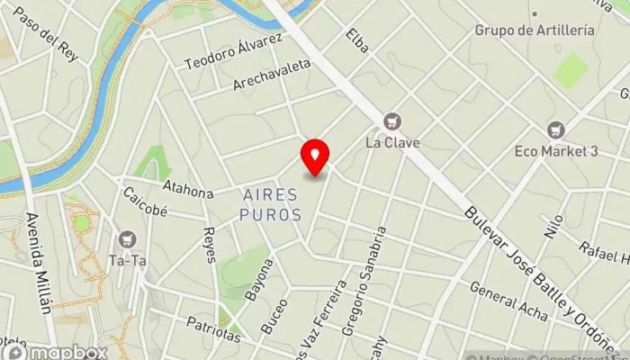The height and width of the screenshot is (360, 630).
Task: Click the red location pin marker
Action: point(315,157)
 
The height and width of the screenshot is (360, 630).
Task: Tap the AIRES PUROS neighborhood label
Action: point(271,204)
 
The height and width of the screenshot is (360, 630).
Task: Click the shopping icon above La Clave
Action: point(392,121)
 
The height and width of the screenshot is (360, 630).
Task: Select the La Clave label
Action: point(391,142)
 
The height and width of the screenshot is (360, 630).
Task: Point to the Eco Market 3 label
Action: point(556,151)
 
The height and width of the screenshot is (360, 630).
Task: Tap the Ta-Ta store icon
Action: point(126,239)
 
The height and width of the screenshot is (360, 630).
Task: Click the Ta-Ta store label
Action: point(126,261)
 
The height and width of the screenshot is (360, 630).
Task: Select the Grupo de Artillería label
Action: point(535,30)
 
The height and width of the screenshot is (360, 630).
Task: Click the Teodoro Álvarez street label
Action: point(233,52)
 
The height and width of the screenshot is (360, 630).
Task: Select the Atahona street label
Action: point(187,189)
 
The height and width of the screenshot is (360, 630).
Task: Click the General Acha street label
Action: point(508,301)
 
